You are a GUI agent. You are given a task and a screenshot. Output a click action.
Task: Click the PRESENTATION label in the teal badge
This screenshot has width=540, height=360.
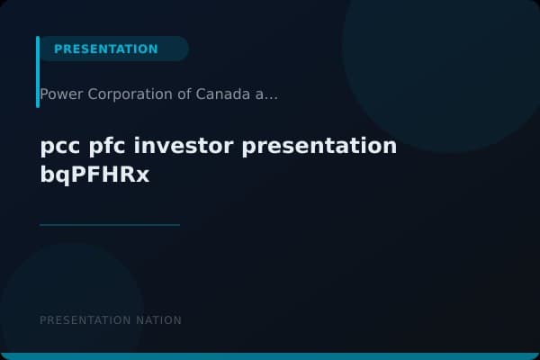[105, 49]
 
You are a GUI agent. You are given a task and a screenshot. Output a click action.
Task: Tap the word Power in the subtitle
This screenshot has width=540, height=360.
[58, 94]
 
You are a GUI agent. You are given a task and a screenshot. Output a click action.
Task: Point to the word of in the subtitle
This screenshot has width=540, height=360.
[179, 94]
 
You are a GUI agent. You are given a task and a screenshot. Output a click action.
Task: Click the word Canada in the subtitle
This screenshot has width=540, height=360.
[221, 94]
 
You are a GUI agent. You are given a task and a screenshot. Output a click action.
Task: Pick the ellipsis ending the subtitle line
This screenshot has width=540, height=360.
[271, 94]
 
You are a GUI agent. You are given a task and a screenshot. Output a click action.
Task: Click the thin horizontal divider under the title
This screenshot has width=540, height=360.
[110, 224]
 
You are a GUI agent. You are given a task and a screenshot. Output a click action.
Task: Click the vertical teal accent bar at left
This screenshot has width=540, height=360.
[38, 72]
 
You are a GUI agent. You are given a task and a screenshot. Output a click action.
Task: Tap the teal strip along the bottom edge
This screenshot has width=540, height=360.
[270, 356]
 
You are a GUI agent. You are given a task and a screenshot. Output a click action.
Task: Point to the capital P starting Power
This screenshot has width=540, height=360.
[44, 94]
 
